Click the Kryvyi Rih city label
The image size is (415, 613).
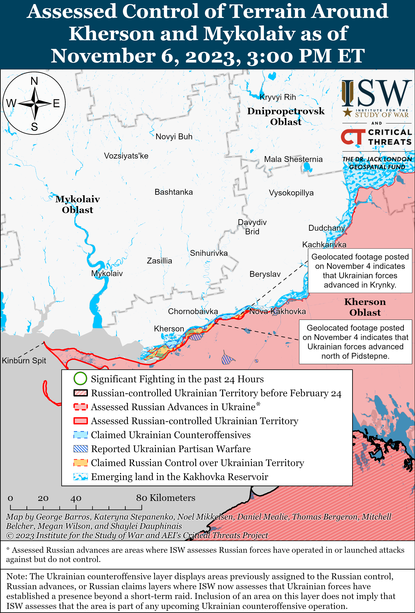click(x=278, y=97)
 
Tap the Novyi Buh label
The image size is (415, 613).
click(x=174, y=137)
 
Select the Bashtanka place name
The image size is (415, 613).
click(x=174, y=192)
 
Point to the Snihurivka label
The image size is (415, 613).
click(x=209, y=253)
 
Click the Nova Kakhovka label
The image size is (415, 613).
click(x=277, y=312)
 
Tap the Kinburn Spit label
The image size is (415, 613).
click(x=24, y=361)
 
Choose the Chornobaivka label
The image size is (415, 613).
click(x=193, y=312)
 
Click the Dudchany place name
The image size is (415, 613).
click(x=326, y=228)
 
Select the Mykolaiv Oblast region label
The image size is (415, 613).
click(x=77, y=204)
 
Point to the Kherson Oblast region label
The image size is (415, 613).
click(x=365, y=307)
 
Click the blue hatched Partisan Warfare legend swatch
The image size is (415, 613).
click(x=80, y=449)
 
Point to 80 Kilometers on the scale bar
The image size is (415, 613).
click(x=166, y=498)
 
